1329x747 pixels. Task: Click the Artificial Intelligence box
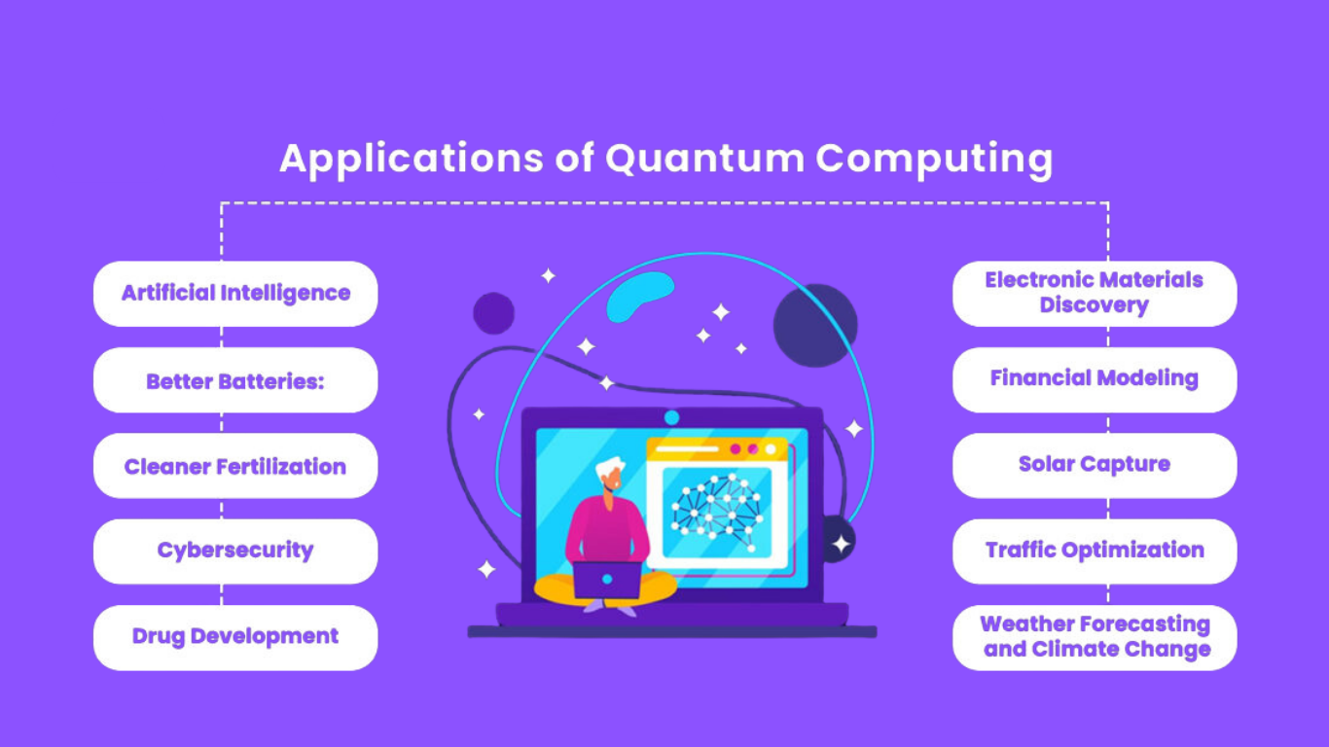[x=235, y=293]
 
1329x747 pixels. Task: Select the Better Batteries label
[x=235, y=380]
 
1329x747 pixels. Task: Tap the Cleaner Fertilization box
[x=235, y=466]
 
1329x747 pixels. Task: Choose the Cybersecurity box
[x=235, y=551]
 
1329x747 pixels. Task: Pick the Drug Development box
[x=235, y=637]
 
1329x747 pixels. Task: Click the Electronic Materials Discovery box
[x=1094, y=293]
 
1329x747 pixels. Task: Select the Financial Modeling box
[x=1094, y=378]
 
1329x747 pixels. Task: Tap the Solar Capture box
[x=1094, y=464]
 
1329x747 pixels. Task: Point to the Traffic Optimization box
[x=1094, y=551]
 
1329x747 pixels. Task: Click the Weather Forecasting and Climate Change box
[x=1094, y=637]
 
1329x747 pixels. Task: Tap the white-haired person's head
[x=610, y=474]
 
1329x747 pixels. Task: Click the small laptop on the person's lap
[x=606, y=580]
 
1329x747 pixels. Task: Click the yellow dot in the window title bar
[x=771, y=449]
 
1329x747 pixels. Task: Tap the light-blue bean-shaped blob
[x=639, y=296]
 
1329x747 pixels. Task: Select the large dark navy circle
[x=815, y=325]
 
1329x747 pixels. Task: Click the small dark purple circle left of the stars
[x=493, y=313]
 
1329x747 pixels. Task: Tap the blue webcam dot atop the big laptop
[x=671, y=417]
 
